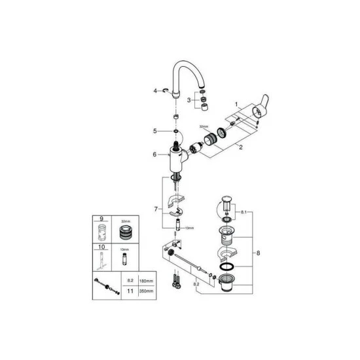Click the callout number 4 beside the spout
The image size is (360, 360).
(156, 91)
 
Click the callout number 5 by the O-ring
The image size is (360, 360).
(155, 131)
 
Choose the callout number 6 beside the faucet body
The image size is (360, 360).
(155, 154)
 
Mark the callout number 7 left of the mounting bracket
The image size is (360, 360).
(154, 209)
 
